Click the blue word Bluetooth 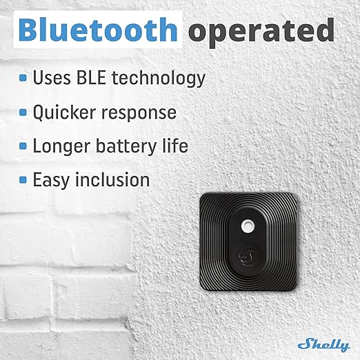[98, 30]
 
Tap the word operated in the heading [261, 32]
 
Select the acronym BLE [91, 77]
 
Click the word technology [159, 79]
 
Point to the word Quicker [64, 112]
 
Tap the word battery [126, 146]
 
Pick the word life [175, 146]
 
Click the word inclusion [112, 179]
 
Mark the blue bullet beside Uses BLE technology [23, 78]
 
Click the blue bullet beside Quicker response [23, 112]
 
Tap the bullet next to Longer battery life [23, 146]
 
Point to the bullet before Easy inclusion [23, 180]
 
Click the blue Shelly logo [324, 345]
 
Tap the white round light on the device [248, 226]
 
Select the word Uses [52, 78]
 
